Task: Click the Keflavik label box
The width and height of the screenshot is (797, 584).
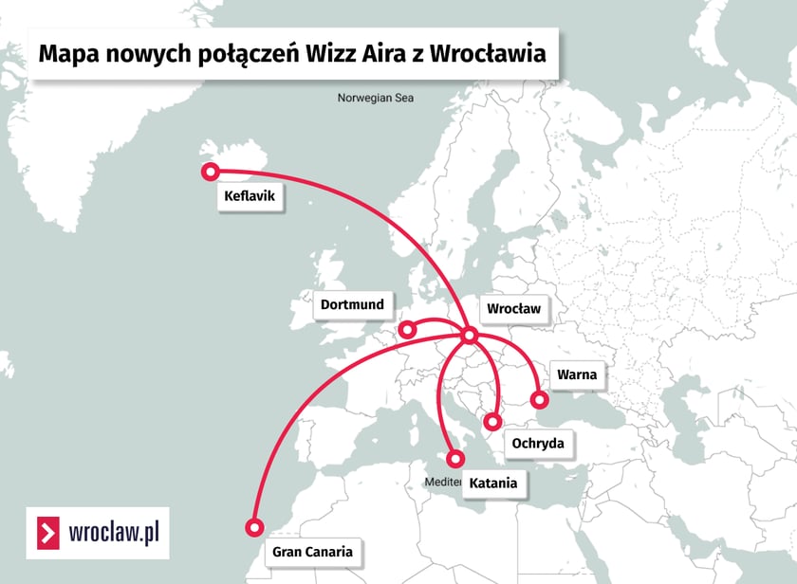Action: click(250, 197)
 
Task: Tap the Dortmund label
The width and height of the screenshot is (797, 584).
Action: click(352, 304)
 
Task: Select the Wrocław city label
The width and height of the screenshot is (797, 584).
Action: click(513, 309)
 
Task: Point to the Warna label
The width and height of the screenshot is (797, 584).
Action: click(577, 374)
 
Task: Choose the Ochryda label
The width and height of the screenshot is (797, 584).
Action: click(538, 443)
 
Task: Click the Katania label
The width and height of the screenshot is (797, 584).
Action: click(493, 484)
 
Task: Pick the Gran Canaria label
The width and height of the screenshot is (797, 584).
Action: click(312, 551)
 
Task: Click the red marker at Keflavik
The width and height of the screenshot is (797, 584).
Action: click(210, 172)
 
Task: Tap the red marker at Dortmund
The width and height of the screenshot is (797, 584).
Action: click(407, 330)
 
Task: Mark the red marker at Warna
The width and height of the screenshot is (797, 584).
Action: click(540, 399)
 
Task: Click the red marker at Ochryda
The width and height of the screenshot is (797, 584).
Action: click(492, 422)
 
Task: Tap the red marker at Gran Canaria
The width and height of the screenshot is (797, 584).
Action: click(253, 528)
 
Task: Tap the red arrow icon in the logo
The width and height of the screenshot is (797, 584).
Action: click(46, 534)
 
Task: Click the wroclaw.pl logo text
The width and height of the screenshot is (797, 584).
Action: click(114, 534)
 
